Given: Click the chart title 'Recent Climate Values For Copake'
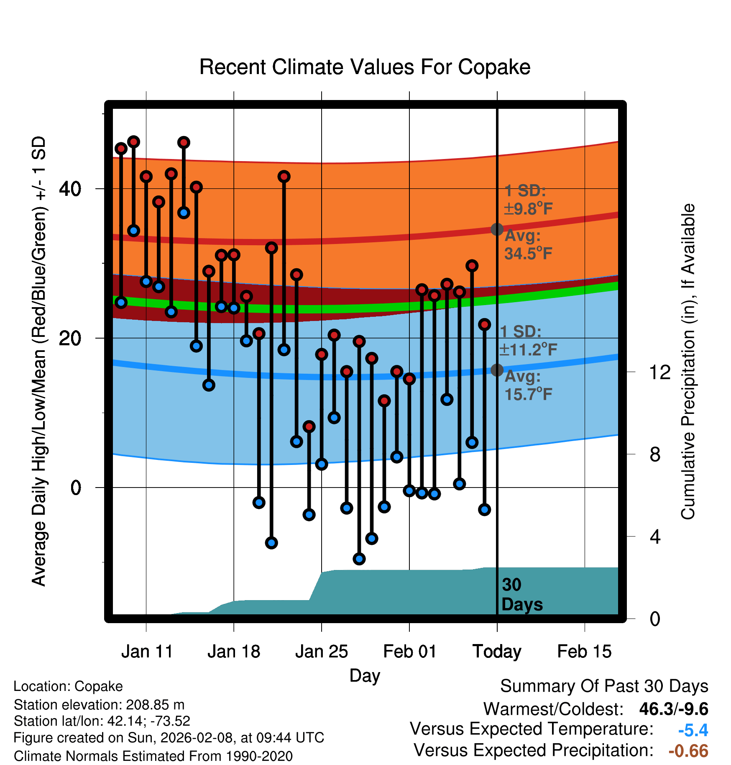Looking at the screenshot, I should (x=365, y=67).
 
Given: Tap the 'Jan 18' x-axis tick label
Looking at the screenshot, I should (x=234, y=652).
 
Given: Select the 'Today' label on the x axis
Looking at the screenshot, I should (x=497, y=652).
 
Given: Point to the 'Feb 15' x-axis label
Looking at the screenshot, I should (x=584, y=652).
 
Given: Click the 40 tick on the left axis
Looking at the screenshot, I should (x=70, y=189).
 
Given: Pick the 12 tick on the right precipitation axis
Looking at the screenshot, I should (x=660, y=372).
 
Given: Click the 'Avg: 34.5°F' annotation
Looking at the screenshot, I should (x=528, y=245).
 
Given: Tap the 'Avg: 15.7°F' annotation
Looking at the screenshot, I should (x=528, y=385).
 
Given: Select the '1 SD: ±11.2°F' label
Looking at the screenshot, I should (x=528, y=341).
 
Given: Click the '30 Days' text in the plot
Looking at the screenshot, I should (x=521, y=595).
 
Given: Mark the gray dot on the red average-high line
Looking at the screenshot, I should (x=497, y=229).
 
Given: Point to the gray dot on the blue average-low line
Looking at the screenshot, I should (x=497, y=370).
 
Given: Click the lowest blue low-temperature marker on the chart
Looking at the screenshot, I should (x=359, y=559).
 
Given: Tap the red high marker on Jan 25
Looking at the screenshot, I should (x=321, y=354).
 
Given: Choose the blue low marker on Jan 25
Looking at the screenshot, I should (x=321, y=464).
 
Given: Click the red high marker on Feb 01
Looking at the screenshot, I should (x=409, y=379).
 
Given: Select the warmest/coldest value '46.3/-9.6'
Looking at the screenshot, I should (x=674, y=709).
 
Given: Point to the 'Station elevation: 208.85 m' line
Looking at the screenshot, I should (x=99, y=705).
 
